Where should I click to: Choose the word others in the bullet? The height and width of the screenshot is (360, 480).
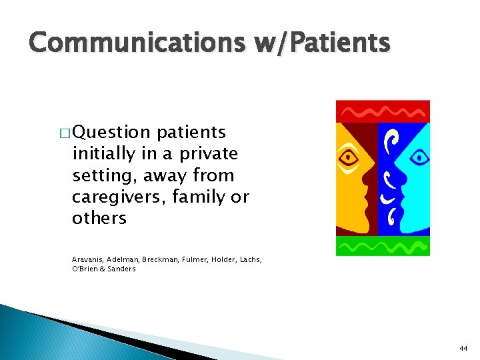(99, 219)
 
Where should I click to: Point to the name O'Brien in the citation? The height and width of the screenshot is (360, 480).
(86, 269)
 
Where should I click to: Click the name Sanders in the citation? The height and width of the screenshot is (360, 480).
(122, 269)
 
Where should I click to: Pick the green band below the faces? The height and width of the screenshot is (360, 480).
(383, 245)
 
